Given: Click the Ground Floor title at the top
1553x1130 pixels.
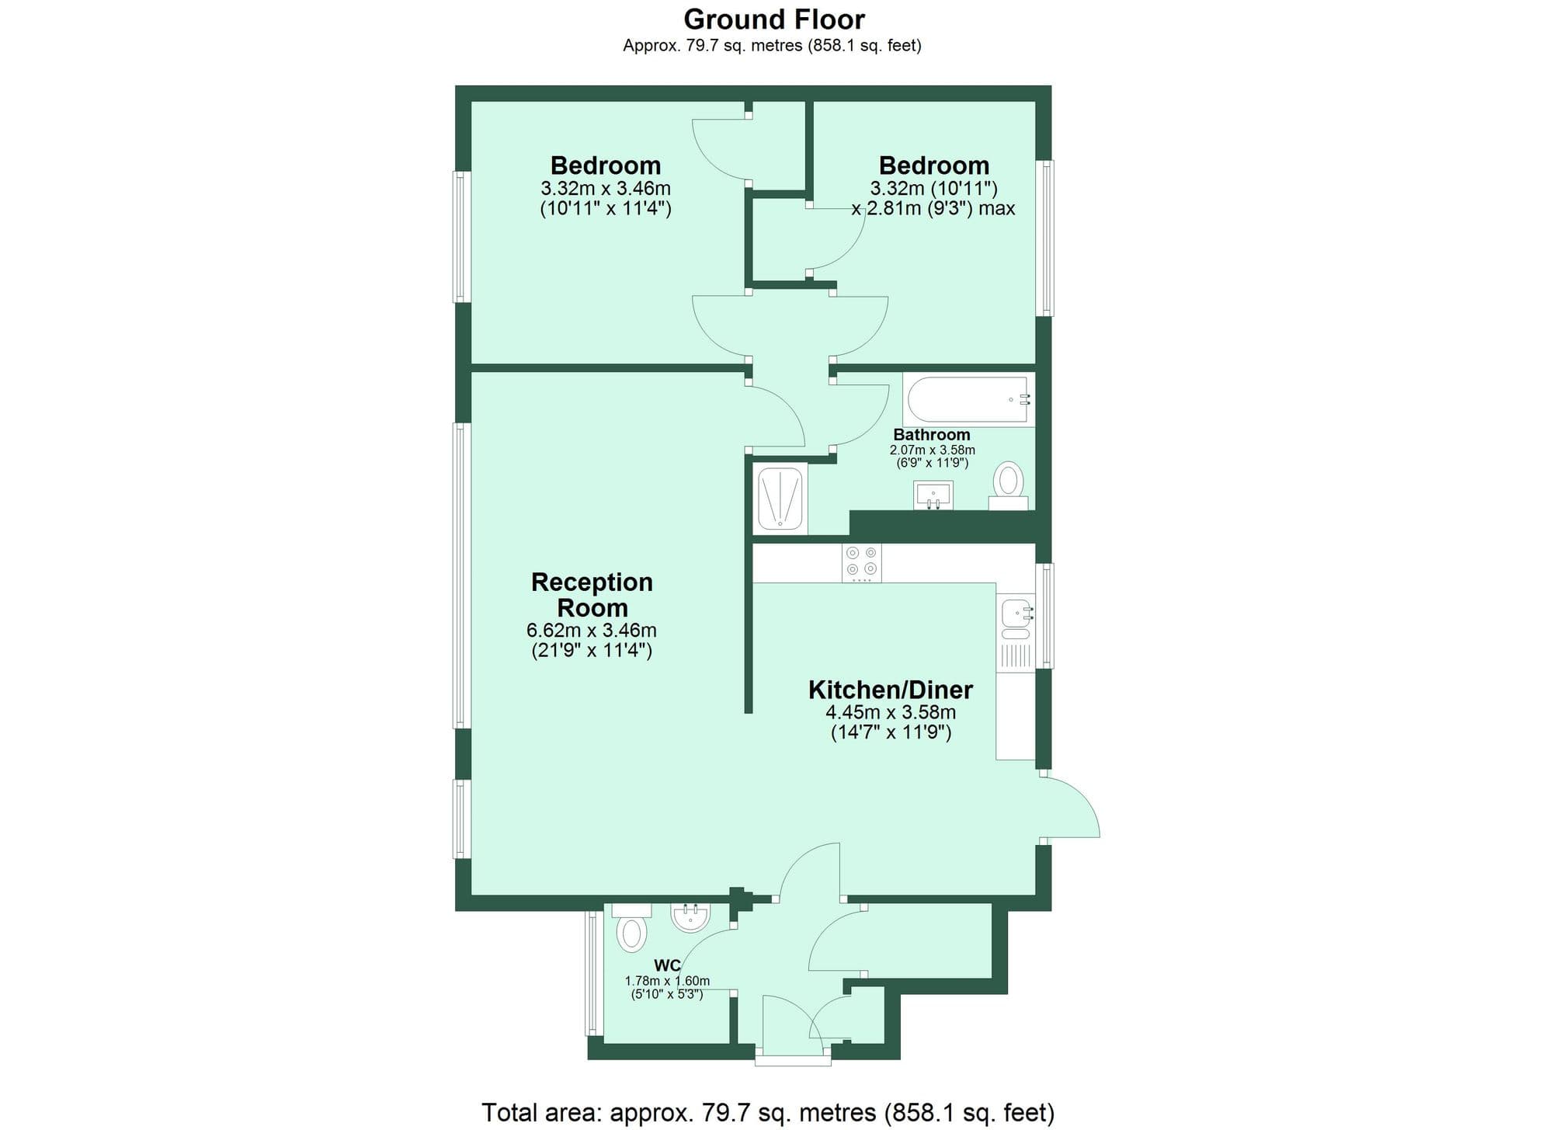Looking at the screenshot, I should (773, 19).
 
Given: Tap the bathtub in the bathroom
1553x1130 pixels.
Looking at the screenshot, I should (968, 400).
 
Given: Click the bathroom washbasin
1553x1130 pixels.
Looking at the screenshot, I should (933, 494).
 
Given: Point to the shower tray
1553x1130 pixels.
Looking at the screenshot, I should (780, 498).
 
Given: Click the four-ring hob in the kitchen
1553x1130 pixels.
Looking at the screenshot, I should (862, 562).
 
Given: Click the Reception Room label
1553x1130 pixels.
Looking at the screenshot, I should (592, 594).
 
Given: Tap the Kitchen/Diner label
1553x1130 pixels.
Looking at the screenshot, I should (890, 689).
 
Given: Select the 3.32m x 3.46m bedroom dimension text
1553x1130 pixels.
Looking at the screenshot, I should (606, 188).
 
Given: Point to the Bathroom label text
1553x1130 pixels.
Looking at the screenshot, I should (932, 434).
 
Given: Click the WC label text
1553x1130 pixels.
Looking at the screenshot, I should (667, 965).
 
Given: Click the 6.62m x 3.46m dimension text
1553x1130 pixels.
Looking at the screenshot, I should (592, 630).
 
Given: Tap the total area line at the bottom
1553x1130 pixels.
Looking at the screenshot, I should (767, 1112).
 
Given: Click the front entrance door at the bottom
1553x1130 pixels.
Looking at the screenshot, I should (792, 1025).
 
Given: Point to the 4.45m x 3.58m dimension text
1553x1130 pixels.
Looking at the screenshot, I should (891, 712).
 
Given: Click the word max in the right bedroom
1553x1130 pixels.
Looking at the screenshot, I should (997, 208).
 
